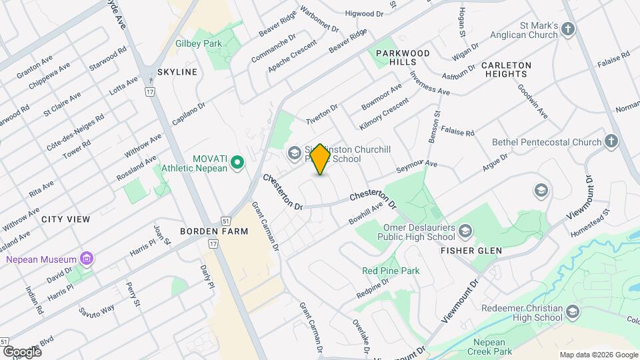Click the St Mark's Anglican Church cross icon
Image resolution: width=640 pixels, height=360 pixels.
coord(567,29)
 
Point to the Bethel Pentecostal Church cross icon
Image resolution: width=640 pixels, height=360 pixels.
coord(612,141)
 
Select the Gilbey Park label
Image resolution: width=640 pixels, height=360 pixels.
coord(198,44)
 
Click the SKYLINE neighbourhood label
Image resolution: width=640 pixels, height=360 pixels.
coord(177,72)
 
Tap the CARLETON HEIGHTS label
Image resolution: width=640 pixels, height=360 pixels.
coord(506,69)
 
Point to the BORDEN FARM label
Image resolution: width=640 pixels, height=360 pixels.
coord(205,231)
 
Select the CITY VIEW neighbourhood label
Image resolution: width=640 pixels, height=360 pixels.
coord(66,219)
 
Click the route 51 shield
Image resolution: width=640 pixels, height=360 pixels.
coord(227,221)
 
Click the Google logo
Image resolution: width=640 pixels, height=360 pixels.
coord(22,351)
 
